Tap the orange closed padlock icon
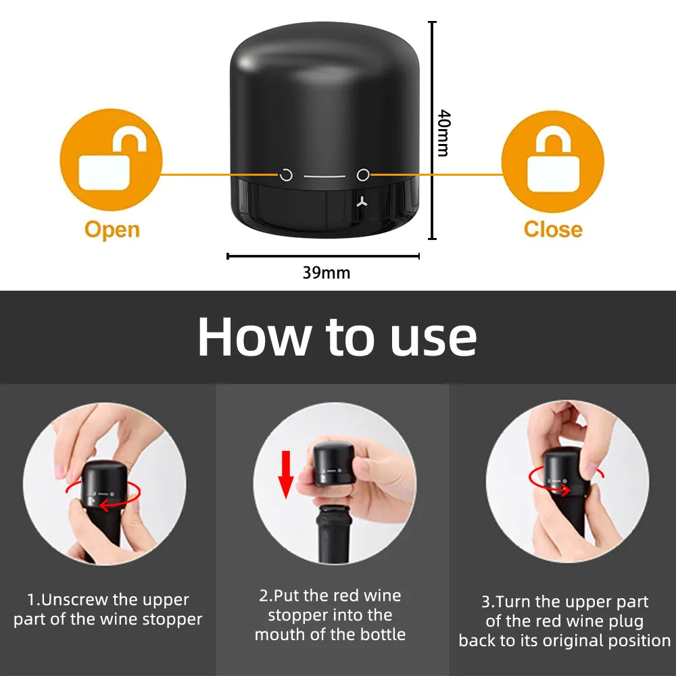point(552,161)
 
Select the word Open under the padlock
point(112,229)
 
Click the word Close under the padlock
point(552,229)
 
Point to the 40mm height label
point(443,132)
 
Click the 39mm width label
point(326,273)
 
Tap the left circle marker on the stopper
point(287,176)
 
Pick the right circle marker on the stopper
point(363,176)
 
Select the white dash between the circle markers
point(324,176)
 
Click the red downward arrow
point(286,474)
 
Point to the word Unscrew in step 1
point(79,600)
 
